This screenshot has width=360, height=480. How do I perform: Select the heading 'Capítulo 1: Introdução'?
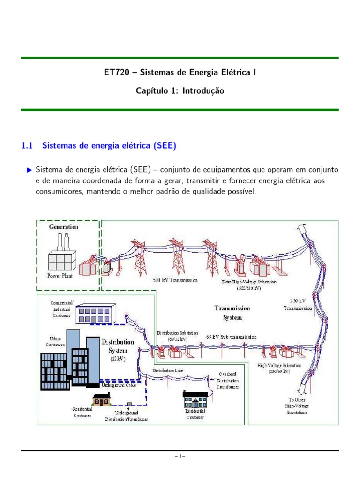[x=180, y=91]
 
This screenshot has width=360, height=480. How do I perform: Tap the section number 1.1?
[x=27, y=146]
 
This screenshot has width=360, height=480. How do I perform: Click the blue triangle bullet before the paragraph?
[x=30, y=169]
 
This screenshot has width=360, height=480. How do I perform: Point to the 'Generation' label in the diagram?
[x=64, y=226]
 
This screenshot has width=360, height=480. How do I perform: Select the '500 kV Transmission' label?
[x=175, y=280]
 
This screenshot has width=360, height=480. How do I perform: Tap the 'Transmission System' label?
[x=232, y=313]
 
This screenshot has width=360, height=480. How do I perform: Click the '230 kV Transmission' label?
[x=298, y=303]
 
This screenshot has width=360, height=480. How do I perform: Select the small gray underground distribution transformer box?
[x=129, y=403]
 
